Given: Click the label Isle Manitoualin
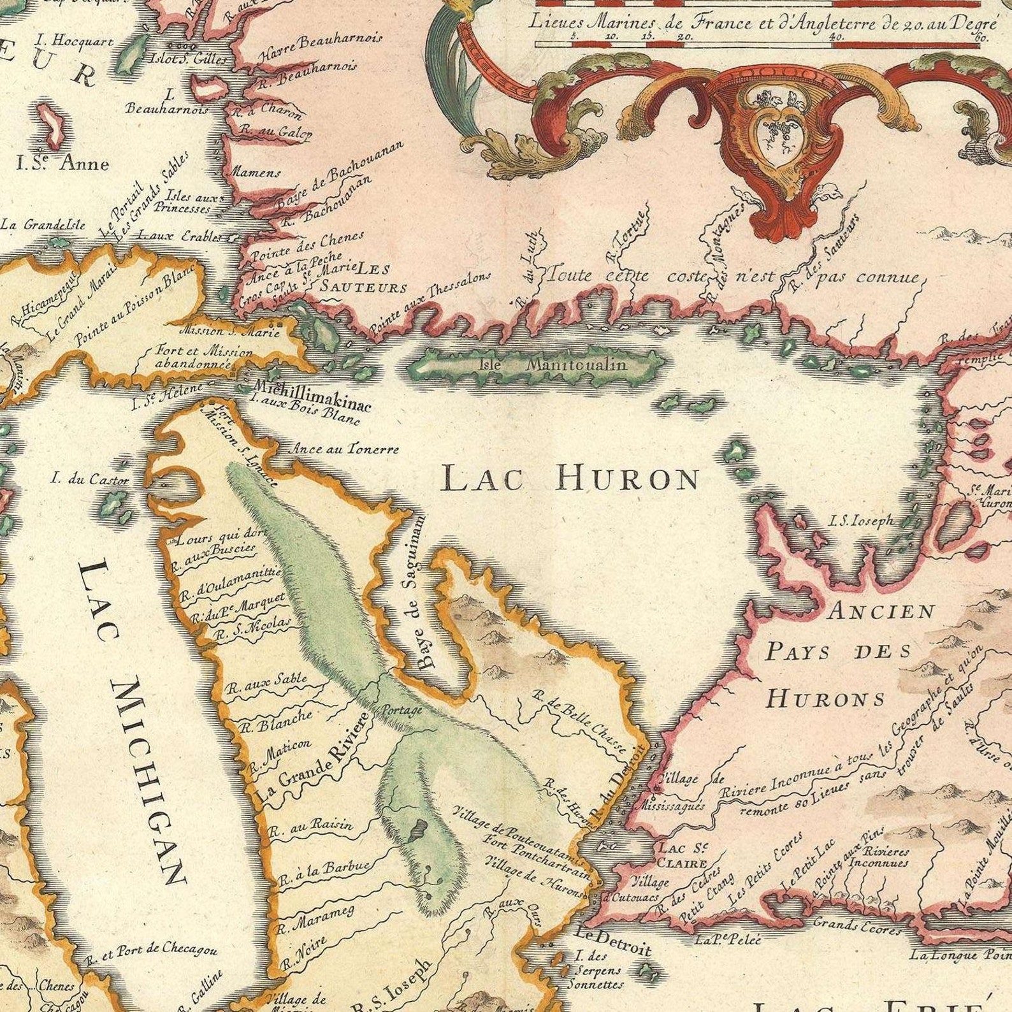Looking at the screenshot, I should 553,365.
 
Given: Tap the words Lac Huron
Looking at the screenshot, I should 570,478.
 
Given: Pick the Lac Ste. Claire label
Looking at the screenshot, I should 683,855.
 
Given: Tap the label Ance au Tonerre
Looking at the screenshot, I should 345,449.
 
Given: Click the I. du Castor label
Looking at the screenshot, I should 90,479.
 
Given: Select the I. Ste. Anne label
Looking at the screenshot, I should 62,164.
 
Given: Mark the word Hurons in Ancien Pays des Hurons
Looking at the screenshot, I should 825,699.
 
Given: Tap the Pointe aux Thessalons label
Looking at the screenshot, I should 431,303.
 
